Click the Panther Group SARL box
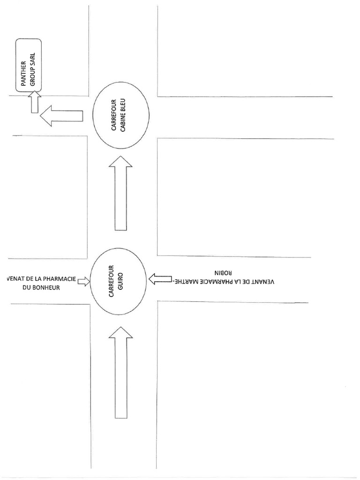coord(29,65)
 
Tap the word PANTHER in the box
coord(22,71)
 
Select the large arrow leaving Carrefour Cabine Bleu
coord(61,115)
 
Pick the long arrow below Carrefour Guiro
coord(120,373)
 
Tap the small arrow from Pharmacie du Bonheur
coord(83,281)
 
